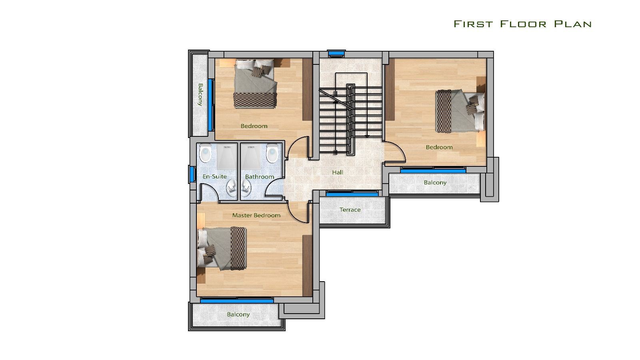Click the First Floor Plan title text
pyautogui.click(x=522, y=24)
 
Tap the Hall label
pyautogui.click(x=338, y=172)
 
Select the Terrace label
pyautogui.click(x=350, y=210)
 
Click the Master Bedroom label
pyautogui.click(x=256, y=215)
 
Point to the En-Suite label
pyautogui.click(x=214, y=176)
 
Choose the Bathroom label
pyautogui.click(x=260, y=177)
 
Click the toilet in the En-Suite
pyautogui.click(x=205, y=154)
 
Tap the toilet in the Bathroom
pyautogui.click(x=272, y=154)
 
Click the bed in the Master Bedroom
pyautogui.click(x=222, y=248)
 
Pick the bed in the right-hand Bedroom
pyautogui.click(x=460, y=111)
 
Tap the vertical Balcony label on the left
pyautogui.click(x=200, y=94)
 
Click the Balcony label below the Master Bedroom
pyautogui.click(x=238, y=314)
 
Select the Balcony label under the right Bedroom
pyautogui.click(x=435, y=182)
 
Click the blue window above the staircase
pyautogui.click(x=336, y=53)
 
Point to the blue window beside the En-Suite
pyautogui.click(x=192, y=174)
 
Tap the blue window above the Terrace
pyautogui.click(x=352, y=194)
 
